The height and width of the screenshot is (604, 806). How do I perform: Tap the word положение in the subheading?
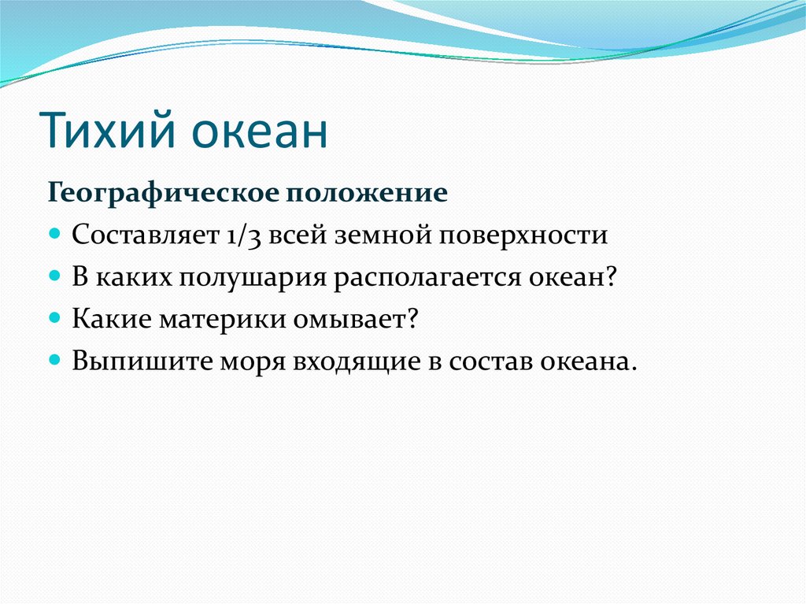367,194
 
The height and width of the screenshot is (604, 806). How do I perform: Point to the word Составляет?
146,235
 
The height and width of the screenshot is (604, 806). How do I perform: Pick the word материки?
222,320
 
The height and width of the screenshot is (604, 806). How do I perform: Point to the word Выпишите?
142,361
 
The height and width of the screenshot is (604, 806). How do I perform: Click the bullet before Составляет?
54,233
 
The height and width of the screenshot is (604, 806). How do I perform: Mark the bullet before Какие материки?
54,317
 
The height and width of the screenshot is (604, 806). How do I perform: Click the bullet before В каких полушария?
54,276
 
